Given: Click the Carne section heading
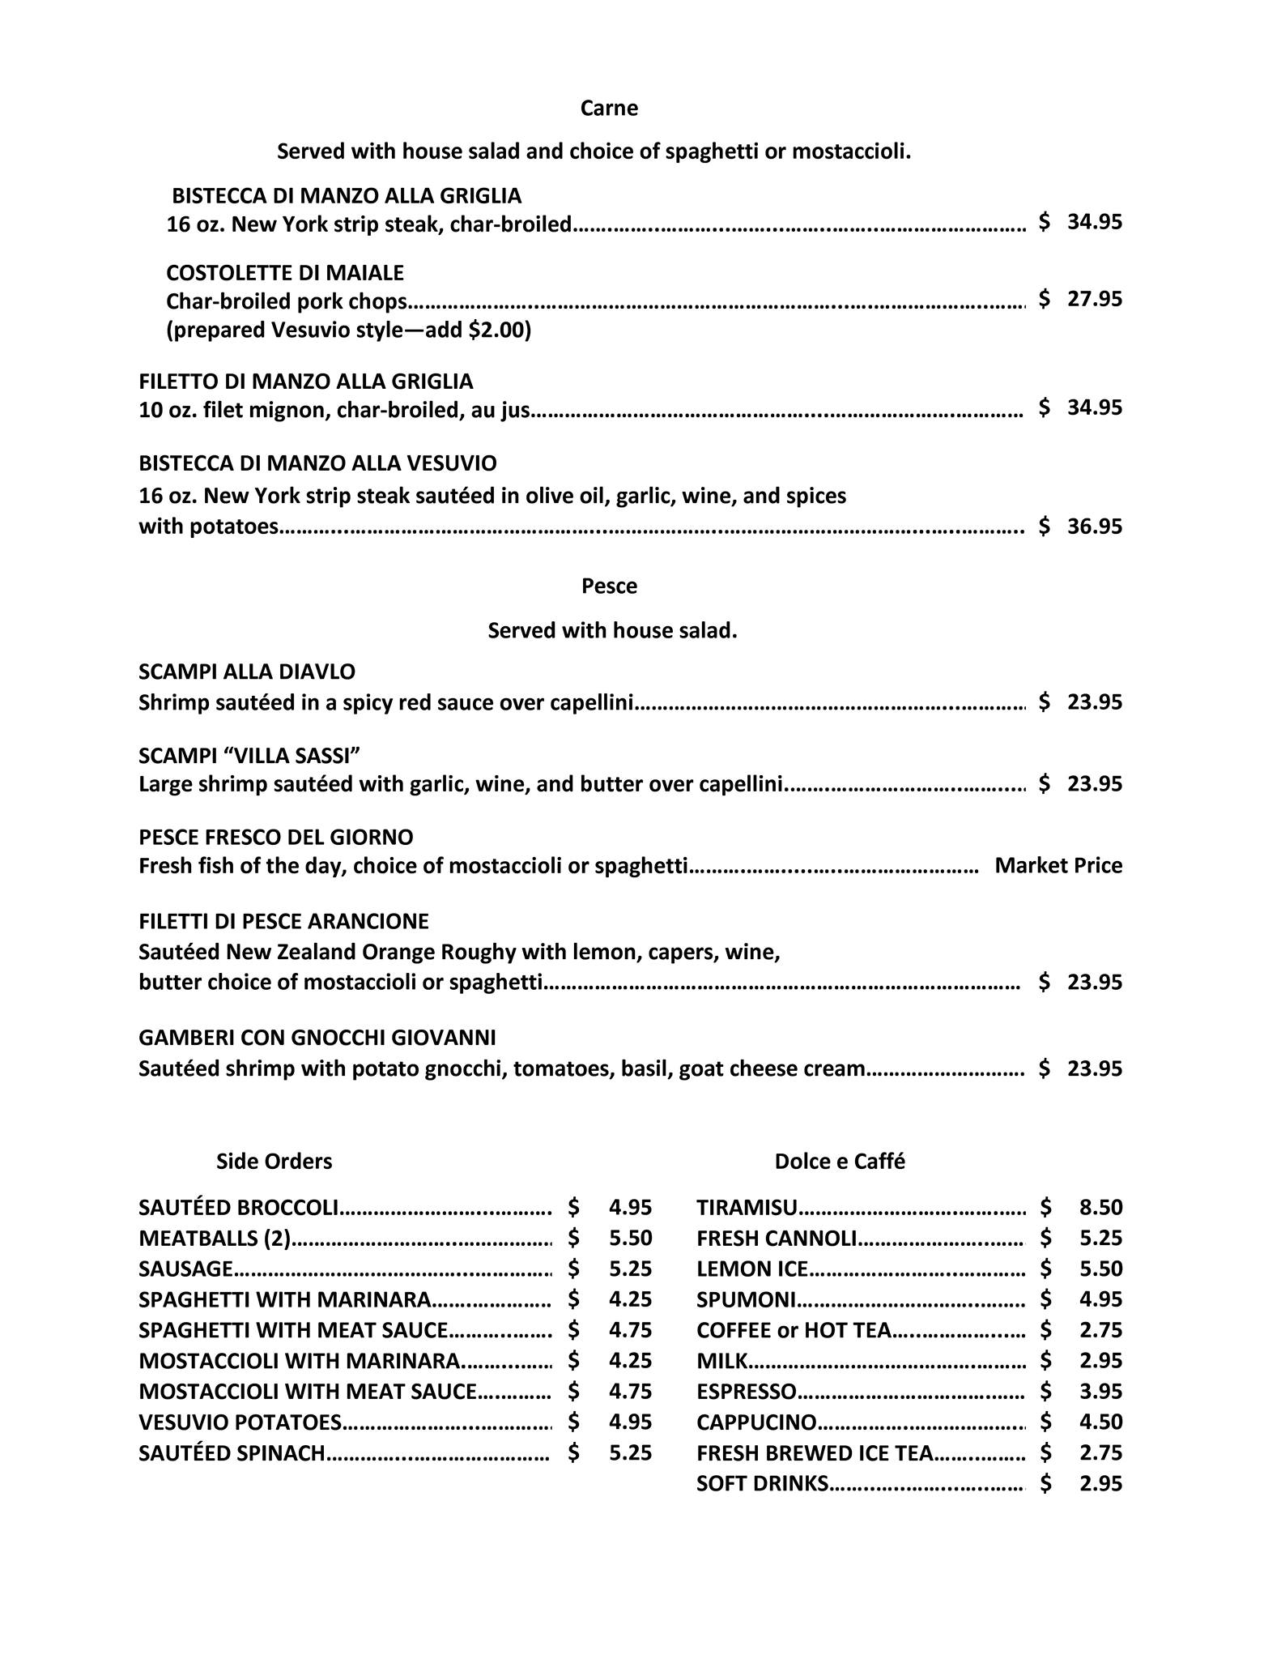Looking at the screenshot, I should point(609,109).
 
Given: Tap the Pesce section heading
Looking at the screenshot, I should point(609,586).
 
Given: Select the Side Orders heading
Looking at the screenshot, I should point(274,1162).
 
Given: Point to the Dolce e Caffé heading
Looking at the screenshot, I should point(840,1162).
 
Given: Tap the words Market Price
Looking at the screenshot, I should point(1058,866).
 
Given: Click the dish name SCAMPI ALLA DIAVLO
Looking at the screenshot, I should point(247,672).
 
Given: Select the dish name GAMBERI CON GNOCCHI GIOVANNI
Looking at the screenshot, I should point(317,1038).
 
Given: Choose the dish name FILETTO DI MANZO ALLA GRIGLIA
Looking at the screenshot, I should point(306,382).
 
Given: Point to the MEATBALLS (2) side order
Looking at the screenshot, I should point(215,1239).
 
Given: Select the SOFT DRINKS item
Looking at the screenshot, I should point(762,1484).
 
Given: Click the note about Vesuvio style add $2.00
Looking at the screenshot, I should point(348,331).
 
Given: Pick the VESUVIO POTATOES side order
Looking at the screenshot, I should point(240,1422).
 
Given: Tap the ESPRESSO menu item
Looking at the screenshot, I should point(746,1392).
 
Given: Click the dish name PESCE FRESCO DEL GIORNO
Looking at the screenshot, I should point(276,837).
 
